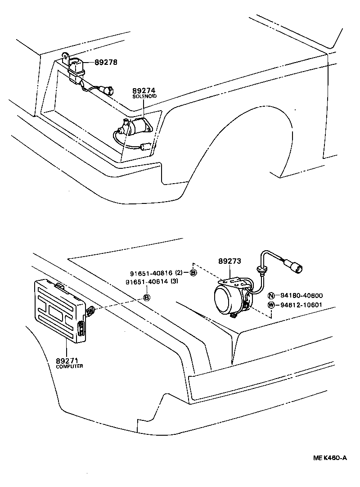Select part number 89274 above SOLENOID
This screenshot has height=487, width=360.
click(x=143, y=91)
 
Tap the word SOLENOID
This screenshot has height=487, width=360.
click(x=143, y=97)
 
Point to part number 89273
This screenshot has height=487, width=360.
click(x=230, y=261)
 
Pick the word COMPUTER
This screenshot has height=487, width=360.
click(x=69, y=366)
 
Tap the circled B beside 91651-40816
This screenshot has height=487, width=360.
click(x=193, y=273)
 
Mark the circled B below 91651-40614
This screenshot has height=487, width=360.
click(x=147, y=298)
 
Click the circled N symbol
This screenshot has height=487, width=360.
click(x=271, y=296)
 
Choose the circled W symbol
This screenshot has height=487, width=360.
click(x=271, y=305)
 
